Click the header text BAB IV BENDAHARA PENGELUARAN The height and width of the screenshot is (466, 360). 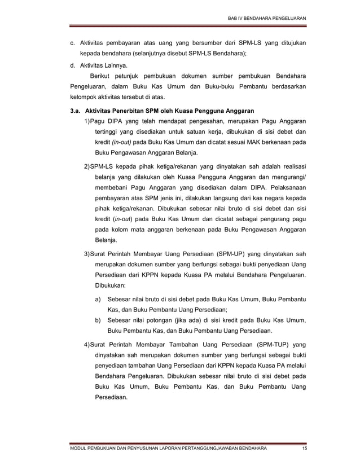tap(266, 19)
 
